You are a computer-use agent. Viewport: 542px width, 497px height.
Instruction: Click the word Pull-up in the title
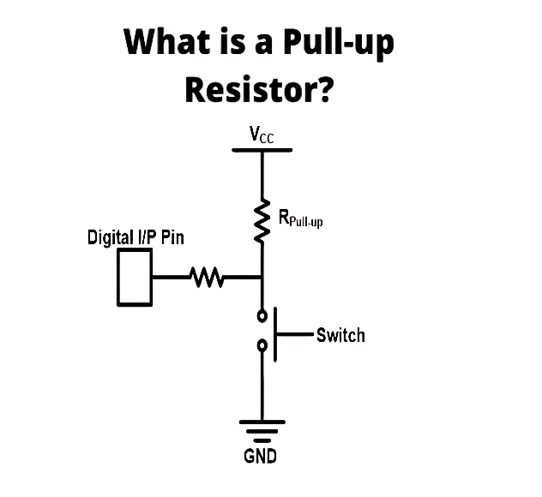(x=338, y=44)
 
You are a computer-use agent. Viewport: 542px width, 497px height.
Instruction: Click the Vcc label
(x=262, y=135)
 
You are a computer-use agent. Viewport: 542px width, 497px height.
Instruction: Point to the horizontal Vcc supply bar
(x=262, y=150)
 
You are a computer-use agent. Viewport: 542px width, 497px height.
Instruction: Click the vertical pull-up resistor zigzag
(x=262, y=220)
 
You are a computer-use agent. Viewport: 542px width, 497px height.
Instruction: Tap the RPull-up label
(x=301, y=219)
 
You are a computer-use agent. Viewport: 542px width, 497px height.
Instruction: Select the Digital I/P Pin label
(x=135, y=238)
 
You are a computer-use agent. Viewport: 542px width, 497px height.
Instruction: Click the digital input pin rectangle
(x=135, y=277)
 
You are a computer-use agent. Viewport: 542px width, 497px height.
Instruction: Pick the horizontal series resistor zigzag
(x=207, y=277)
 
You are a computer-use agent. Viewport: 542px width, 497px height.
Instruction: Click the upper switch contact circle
(x=262, y=315)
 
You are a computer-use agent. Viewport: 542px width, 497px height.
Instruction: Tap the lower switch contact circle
(x=262, y=345)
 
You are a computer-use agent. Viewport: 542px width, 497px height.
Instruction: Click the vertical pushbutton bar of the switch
(x=275, y=334)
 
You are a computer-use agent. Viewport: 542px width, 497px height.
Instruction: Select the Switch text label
(x=340, y=335)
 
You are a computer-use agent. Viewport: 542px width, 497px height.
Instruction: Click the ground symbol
(x=262, y=431)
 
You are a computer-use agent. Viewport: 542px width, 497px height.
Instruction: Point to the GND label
(x=261, y=456)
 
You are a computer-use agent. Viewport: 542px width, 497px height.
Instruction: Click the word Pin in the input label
(x=172, y=237)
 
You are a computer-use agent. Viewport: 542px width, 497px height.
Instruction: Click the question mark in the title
(x=325, y=89)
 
